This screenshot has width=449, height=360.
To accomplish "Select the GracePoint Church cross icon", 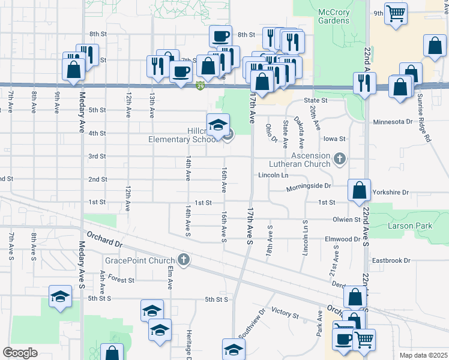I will click(184, 260).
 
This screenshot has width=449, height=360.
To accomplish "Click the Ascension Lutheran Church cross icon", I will click(340, 159).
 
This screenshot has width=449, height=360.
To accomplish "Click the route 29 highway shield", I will click(199, 86).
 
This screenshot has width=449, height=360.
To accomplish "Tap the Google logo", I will click(20, 352).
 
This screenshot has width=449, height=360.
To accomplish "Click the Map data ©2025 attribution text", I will click(423, 355).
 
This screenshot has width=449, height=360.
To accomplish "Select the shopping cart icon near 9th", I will click(395, 13).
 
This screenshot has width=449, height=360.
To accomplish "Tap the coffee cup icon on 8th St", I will click(220, 35).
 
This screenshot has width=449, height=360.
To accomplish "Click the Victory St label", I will click(285, 313).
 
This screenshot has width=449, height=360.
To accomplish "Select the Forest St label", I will click(121, 280).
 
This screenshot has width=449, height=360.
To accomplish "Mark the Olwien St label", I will click(346, 220).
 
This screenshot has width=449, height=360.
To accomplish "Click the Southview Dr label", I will click(251, 323).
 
